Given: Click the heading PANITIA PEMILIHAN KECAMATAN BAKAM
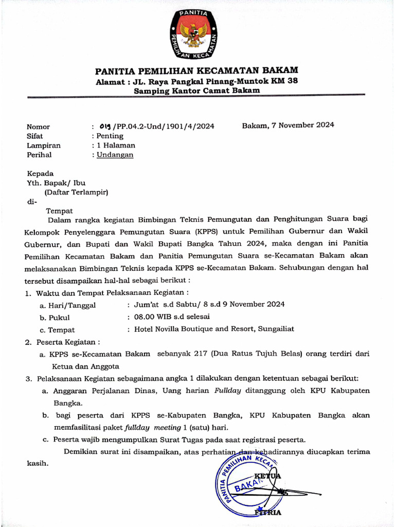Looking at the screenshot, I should (196, 71).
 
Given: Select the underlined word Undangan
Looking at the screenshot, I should (116, 154).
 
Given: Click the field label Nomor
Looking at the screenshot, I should (38, 127).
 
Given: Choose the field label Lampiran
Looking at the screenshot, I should (42, 145).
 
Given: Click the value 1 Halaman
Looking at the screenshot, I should (116, 145).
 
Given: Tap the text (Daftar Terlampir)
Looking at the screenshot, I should (76, 192).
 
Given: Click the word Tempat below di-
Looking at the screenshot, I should (60, 210).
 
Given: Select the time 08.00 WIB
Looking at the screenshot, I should (155, 317).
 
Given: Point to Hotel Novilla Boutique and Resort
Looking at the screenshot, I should (194, 329).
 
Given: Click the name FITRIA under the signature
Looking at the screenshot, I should (268, 513).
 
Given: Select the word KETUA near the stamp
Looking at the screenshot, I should (267, 476).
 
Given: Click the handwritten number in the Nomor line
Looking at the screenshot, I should (105, 126).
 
